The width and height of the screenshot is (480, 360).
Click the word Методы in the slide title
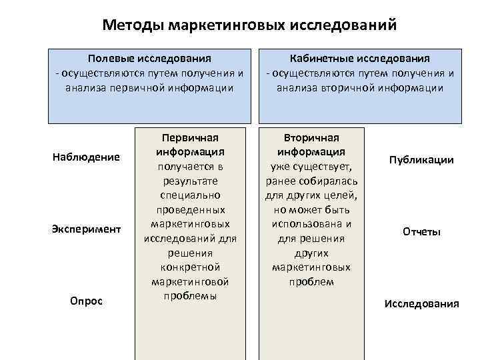(x=133, y=25)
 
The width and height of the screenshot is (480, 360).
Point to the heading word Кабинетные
(x=322, y=59)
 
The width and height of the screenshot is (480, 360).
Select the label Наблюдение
(x=86, y=157)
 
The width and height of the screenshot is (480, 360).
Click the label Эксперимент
(x=86, y=229)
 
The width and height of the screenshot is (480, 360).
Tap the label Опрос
(x=86, y=301)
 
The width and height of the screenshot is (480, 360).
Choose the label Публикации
(x=421, y=160)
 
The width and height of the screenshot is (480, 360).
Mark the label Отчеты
(x=421, y=232)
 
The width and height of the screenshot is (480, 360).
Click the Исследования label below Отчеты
(x=421, y=304)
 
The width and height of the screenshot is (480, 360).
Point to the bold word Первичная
(x=191, y=138)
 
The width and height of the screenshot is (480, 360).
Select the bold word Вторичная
(x=312, y=137)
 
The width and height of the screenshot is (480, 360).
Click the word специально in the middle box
(x=191, y=196)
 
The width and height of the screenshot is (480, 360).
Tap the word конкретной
(x=191, y=267)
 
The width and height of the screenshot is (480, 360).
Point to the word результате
(x=191, y=181)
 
